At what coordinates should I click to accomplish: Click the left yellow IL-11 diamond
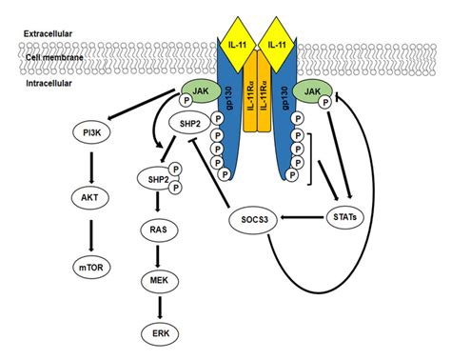point(225,45)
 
